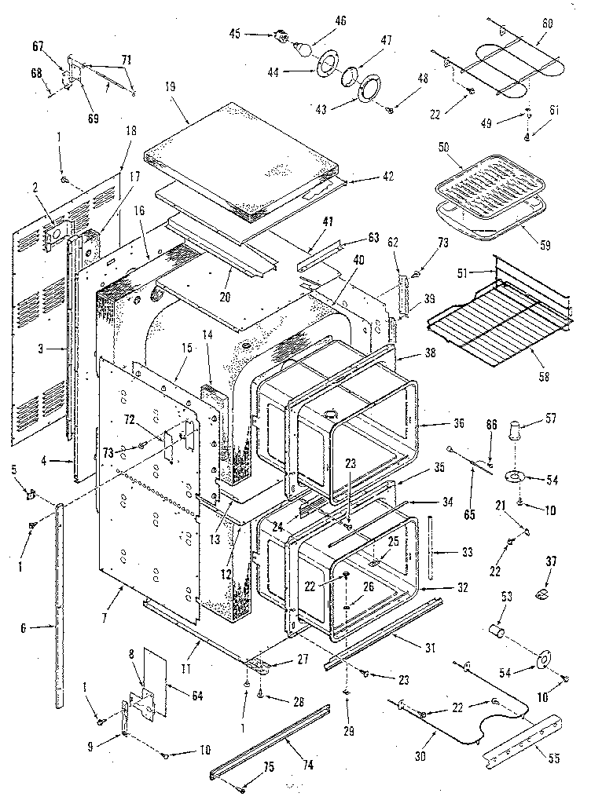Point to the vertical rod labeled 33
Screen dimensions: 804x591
coord(431,548)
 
